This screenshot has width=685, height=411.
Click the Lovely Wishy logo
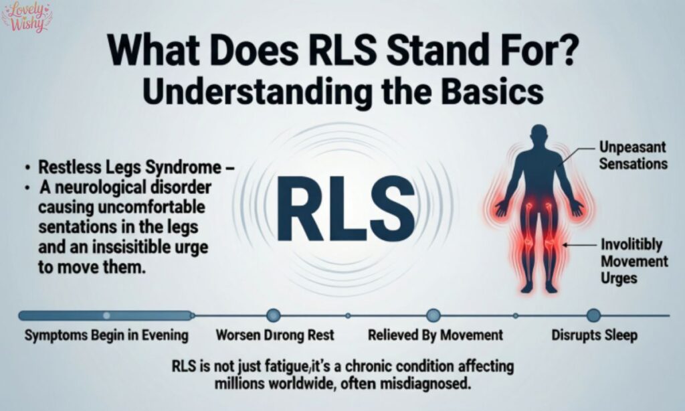27,17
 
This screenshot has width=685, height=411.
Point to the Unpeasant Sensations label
631,155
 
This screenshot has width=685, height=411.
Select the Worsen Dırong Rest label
275,335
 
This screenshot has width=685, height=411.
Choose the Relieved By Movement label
436,335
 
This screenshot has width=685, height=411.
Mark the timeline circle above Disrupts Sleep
593,315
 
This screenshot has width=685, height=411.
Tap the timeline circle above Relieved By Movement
433,315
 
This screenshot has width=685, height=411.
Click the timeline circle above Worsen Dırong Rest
273,315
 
